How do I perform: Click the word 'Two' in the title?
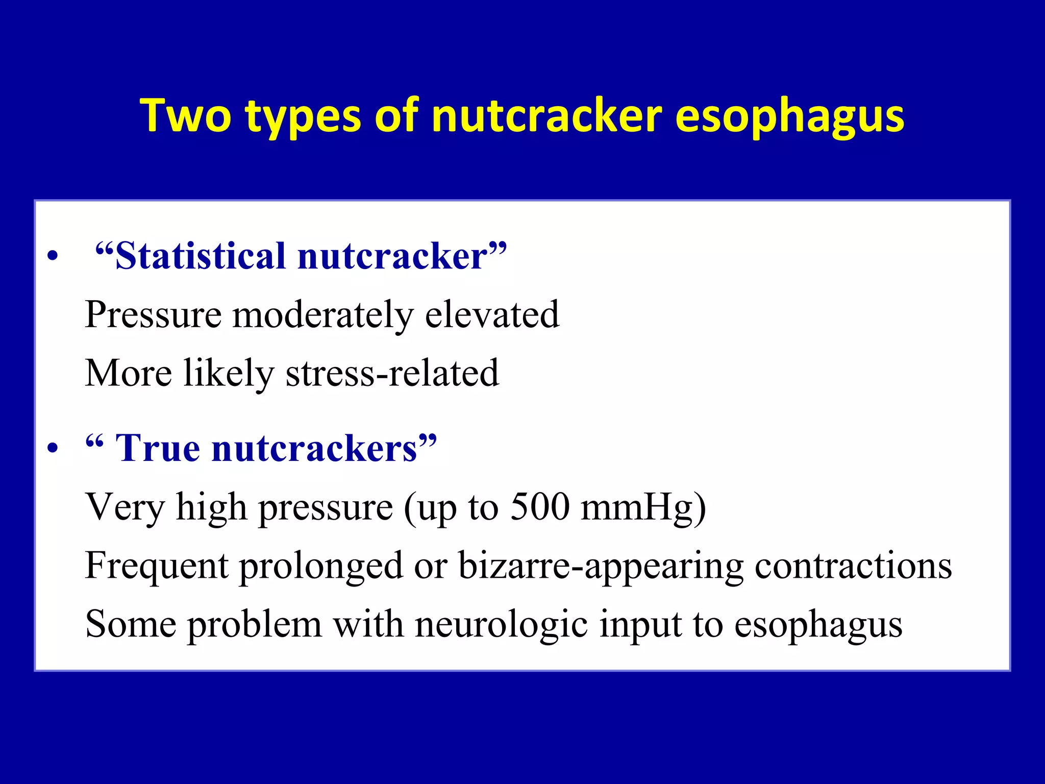click(x=186, y=116)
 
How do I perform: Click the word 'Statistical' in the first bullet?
click(x=199, y=256)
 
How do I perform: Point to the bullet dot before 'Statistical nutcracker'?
click(x=52, y=257)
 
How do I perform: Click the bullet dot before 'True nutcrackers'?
click(x=52, y=449)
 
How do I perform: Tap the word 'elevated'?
click(x=492, y=315)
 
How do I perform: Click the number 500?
click(x=540, y=507)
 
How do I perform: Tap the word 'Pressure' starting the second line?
click(x=153, y=315)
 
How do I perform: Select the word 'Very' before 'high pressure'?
click(x=125, y=507)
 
